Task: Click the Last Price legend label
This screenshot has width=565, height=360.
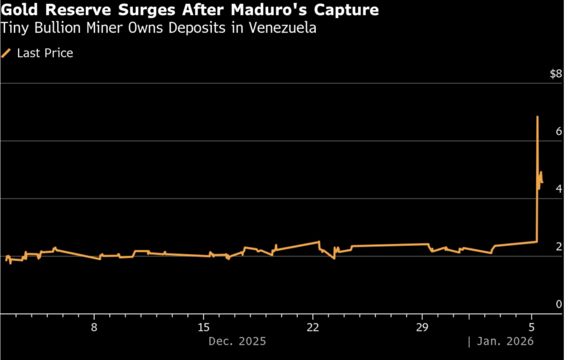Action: (x=45, y=53)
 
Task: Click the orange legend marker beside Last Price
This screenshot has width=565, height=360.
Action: (x=7, y=53)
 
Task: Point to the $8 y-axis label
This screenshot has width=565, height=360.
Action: (x=556, y=75)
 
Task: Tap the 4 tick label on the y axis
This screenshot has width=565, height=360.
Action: (x=559, y=189)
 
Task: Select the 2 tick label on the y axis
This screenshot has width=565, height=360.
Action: (x=559, y=246)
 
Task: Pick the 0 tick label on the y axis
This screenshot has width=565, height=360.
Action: (x=559, y=304)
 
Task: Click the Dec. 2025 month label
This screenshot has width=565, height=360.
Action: (x=237, y=341)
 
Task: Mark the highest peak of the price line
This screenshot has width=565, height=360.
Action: (x=537, y=117)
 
